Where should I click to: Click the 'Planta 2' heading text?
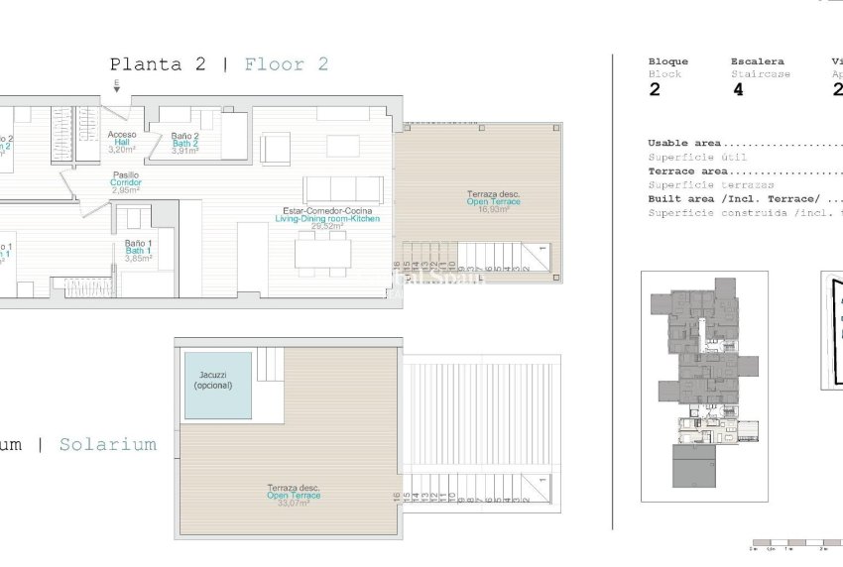click(x=158, y=64)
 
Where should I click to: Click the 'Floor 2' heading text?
click(x=287, y=64)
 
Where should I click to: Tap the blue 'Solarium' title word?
click(x=107, y=444)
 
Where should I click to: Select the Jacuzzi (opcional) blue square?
click(x=217, y=385)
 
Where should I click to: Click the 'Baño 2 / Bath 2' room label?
click(x=185, y=143)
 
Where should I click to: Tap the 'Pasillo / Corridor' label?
click(x=125, y=182)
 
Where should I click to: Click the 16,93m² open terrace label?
click(x=493, y=201)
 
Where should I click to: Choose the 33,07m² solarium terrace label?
click(x=294, y=495)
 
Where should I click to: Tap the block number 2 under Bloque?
click(x=655, y=89)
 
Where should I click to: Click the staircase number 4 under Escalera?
click(x=738, y=89)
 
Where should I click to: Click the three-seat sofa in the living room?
click(x=343, y=189)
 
